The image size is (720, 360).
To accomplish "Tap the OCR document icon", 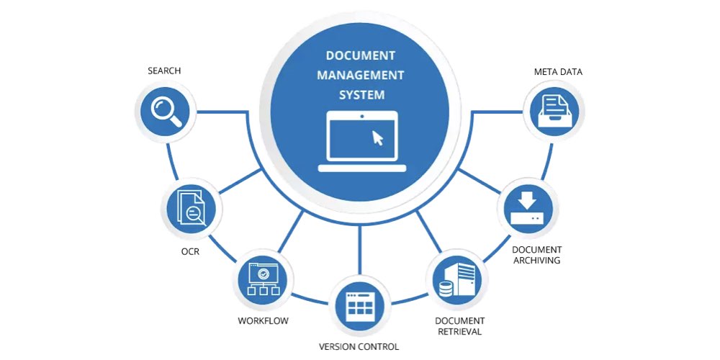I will pyautogui.click(x=192, y=210).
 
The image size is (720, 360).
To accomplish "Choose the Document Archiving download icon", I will pyautogui.click(x=527, y=208).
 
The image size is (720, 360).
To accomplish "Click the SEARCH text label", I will pyautogui.click(x=164, y=71).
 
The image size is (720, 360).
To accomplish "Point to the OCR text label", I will pyautogui.click(x=190, y=251).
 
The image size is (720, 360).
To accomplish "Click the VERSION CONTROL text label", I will pyautogui.click(x=359, y=346).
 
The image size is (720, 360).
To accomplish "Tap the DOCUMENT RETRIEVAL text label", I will pyautogui.click(x=459, y=325).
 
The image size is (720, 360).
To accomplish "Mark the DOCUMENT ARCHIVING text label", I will pyautogui.click(x=536, y=255).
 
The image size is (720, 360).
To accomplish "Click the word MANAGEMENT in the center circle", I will pyautogui.click(x=361, y=75).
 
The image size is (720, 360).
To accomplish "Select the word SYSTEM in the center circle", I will pyautogui.click(x=361, y=94).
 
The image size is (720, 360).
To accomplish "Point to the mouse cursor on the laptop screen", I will pyautogui.click(x=377, y=138).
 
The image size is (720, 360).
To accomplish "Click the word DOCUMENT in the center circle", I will pyautogui.click(x=361, y=55).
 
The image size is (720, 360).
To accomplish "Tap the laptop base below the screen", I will pyautogui.click(x=361, y=168).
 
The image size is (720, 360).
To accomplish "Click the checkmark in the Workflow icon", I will pyautogui.click(x=264, y=274).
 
